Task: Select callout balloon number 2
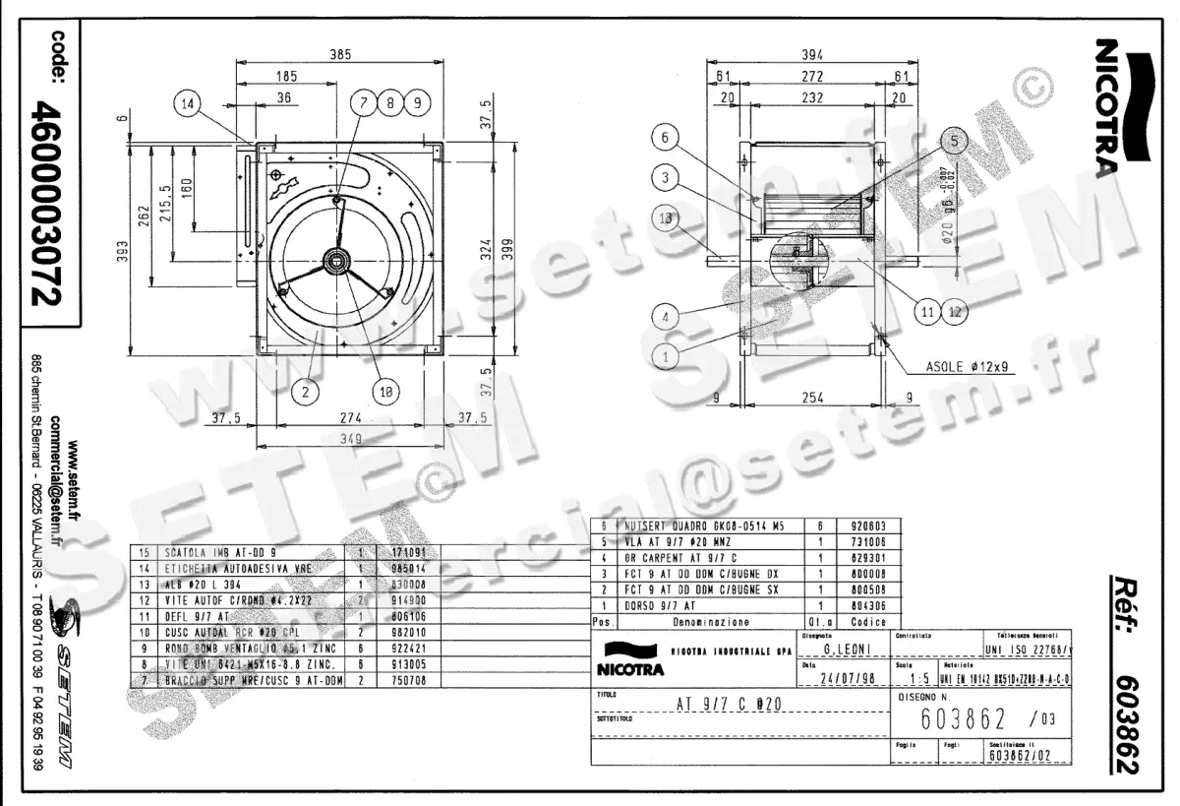pos(306,391)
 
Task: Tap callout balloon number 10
pos(386,391)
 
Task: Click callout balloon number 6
pos(665,139)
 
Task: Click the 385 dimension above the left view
pos(339,55)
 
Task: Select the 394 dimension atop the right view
pos(812,55)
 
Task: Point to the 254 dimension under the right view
pos(810,398)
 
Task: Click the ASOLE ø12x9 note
pos(966,367)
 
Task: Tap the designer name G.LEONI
pos(844,650)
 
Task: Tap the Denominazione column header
pos(708,622)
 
